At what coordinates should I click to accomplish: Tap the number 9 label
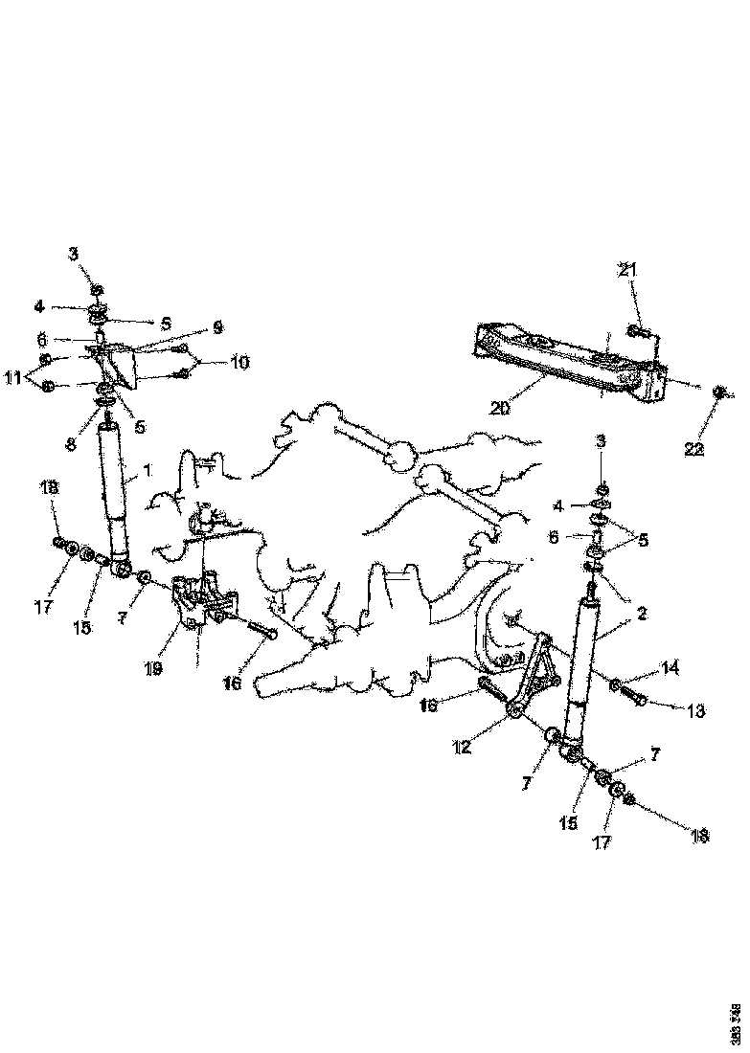click(x=218, y=327)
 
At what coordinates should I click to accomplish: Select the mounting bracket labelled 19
click(x=200, y=603)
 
